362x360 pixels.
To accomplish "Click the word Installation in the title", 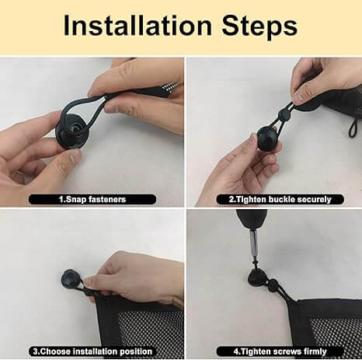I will (x=138, y=26).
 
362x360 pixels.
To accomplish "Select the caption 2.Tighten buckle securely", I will (x=275, y=199).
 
